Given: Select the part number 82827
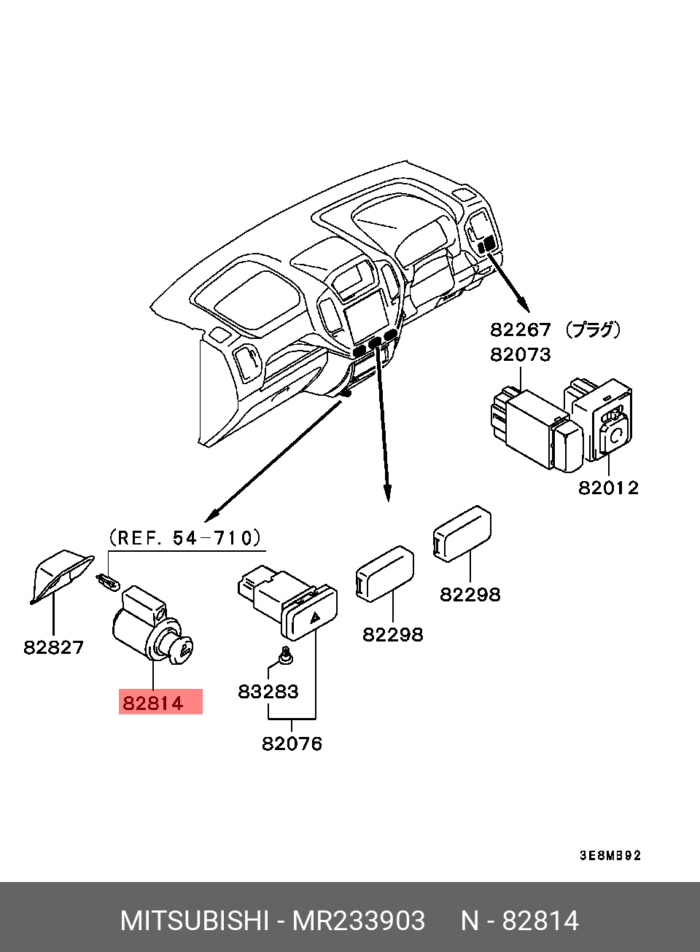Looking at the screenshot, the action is tap(53, 647).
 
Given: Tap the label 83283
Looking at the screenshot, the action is tap(268, 692).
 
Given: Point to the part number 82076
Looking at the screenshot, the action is tap(292, 744).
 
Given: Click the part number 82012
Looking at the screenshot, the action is tap(608, 488).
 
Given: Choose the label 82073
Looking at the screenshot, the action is tap(520, 354).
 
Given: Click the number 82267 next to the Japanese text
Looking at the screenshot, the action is tap(520, 329).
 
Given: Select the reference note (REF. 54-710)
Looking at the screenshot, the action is tap(184, 538).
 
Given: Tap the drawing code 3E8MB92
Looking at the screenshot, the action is tap(610, 855).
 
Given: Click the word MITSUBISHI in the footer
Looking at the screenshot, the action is tap(195, 921).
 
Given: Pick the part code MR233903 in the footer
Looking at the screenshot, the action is tap(358, 921).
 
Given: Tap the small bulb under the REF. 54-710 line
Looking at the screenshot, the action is tap(107, 580).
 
